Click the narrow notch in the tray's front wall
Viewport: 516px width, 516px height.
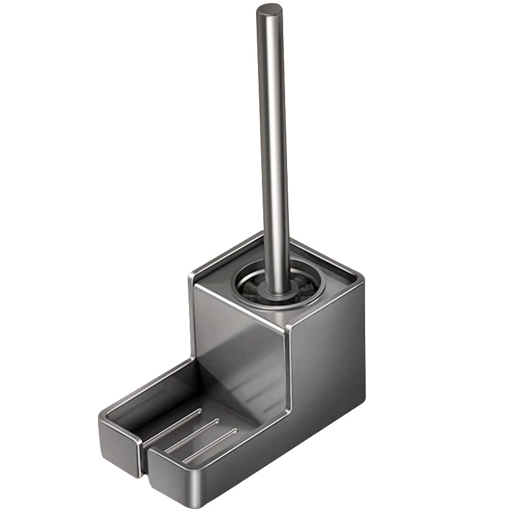144,451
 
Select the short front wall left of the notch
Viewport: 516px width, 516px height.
119,445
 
